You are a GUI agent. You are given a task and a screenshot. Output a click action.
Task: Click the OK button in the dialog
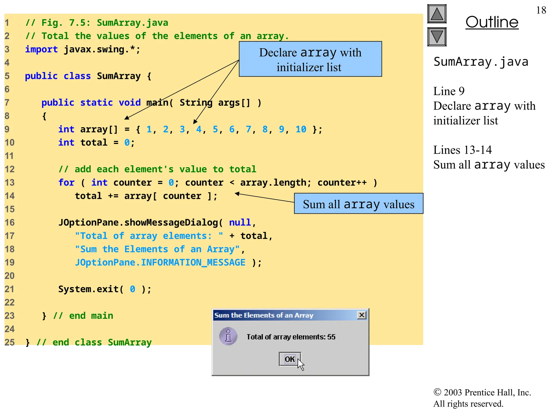[290, 359]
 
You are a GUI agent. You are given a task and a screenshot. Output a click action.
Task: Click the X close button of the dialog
[362, 315]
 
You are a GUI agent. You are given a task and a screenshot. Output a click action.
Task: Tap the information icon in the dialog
[228, 336]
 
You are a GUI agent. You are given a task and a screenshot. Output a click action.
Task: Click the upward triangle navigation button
[437, 14]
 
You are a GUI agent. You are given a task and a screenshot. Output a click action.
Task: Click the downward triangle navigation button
[437, 37]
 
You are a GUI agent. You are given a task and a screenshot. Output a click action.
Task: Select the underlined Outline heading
[492, 22]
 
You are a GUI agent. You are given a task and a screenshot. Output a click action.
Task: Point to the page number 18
[541, 10]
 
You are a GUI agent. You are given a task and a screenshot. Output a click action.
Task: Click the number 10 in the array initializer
[301, 129]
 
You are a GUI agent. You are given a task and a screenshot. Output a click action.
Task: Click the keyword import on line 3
[41, 50]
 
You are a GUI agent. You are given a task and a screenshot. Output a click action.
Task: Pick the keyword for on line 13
[66, 183]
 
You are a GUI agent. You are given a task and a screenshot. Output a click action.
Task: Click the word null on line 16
[240, 223]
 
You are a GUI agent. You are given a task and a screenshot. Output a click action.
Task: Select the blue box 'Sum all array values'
[358, 204]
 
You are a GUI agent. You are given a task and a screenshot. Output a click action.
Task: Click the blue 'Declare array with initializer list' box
[310, 59]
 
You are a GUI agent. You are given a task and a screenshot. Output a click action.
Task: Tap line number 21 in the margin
[9, 289]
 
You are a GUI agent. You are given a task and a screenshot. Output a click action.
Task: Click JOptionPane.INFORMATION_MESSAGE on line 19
[160, 263]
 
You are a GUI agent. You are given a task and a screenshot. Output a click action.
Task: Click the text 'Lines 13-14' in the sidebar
[462, 150]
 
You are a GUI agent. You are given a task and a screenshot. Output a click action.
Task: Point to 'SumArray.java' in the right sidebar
[481, 62]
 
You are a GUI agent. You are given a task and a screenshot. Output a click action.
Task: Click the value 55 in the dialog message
[331, 337]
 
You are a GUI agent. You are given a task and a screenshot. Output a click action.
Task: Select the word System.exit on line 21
[88, 289]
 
